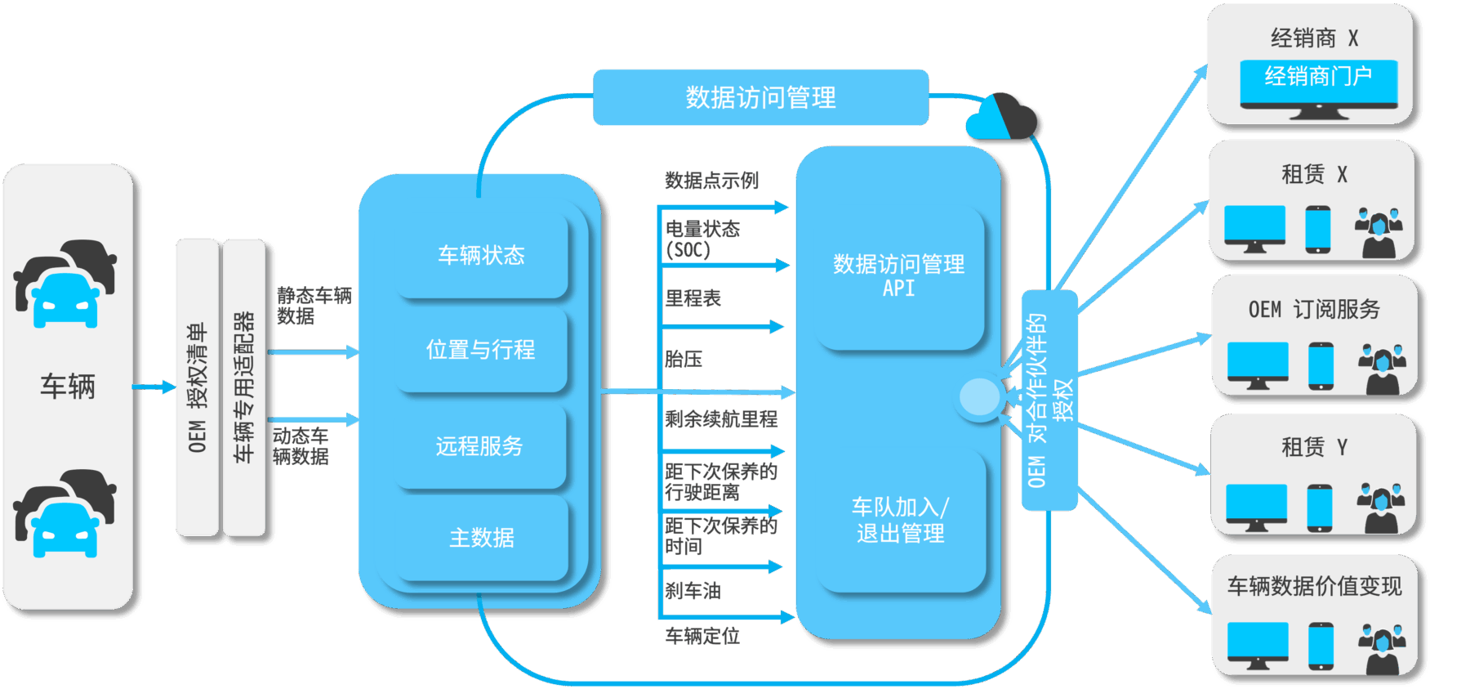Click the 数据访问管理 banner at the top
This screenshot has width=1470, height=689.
point(760,97)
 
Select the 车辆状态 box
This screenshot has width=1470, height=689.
point(481,256)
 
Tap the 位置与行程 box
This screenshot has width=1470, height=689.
point(481,350)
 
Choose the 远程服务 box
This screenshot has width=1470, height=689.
point(479,446)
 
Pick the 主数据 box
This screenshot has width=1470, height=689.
point(482,538)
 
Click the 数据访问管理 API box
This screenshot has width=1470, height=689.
point(898,276)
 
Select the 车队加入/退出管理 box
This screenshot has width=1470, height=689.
point(900,521)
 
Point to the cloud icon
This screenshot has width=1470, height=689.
point(1003,118)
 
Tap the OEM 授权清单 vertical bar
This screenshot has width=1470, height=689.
point(198,387)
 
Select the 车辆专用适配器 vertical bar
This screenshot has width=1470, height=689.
point(244,387)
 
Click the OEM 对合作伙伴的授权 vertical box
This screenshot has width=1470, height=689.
point(1049,400)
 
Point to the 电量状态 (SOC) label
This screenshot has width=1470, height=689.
point(702,239)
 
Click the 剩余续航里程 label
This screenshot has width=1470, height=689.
point(720,419)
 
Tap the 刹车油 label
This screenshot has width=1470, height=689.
point(693,590)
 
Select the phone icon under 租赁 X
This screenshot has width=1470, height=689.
point(1317,230)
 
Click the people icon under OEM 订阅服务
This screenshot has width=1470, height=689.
point(1382,369)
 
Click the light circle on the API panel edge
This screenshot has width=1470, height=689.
point(979,397)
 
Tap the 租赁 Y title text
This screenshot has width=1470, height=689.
point(1314,447)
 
